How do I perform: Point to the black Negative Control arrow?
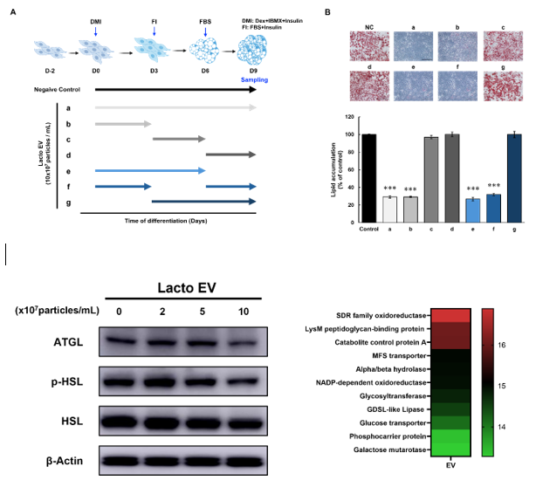175,89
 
